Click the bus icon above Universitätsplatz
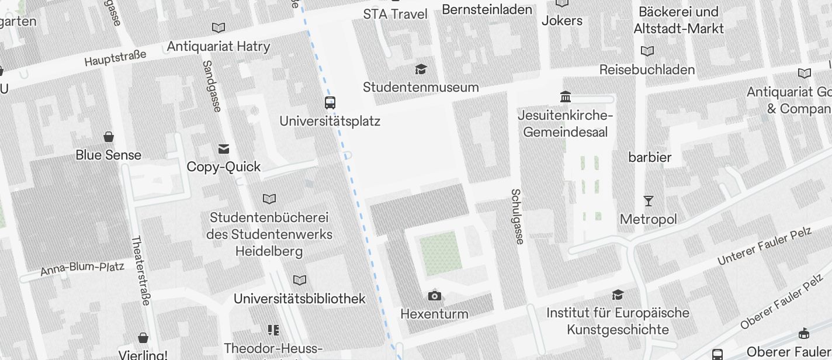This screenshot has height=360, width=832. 330,103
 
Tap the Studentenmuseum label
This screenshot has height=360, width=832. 421,87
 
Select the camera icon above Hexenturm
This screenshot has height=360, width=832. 434,296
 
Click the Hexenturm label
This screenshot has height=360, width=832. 434,314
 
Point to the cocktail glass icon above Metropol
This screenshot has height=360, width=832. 649,201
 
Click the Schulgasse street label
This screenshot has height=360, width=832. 517,216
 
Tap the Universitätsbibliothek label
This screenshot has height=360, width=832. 299,299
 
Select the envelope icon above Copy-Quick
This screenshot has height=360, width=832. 224,148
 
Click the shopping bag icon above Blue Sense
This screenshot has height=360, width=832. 109,137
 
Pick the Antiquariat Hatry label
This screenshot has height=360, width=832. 219,46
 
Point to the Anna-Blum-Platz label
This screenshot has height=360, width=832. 82,269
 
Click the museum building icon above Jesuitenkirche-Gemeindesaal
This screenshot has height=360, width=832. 565,96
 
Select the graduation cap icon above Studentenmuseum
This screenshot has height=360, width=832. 421,70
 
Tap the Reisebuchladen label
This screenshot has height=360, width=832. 647,70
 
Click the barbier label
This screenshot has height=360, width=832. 650,157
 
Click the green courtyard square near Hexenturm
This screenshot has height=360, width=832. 439,253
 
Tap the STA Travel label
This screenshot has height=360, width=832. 396,14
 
